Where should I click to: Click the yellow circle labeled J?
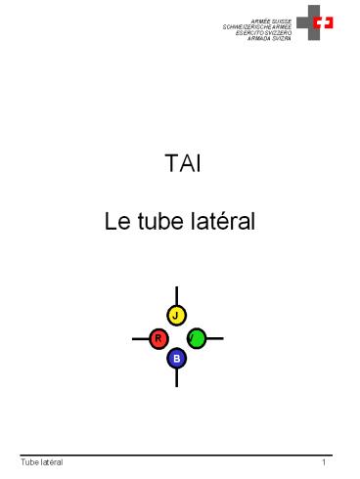pos(176,315)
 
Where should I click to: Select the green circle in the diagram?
pos(196,338)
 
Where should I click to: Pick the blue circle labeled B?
pos(176,359)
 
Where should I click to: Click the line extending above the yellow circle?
pos(176,295)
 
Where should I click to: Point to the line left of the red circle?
pos(140,339)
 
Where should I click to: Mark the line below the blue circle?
pos(176,377)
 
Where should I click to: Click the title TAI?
pos(178,164)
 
